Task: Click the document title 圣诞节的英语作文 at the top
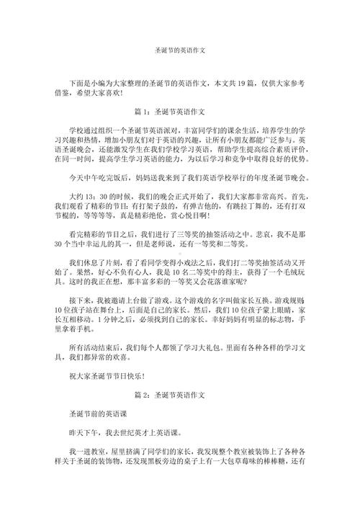click(180, 51)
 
